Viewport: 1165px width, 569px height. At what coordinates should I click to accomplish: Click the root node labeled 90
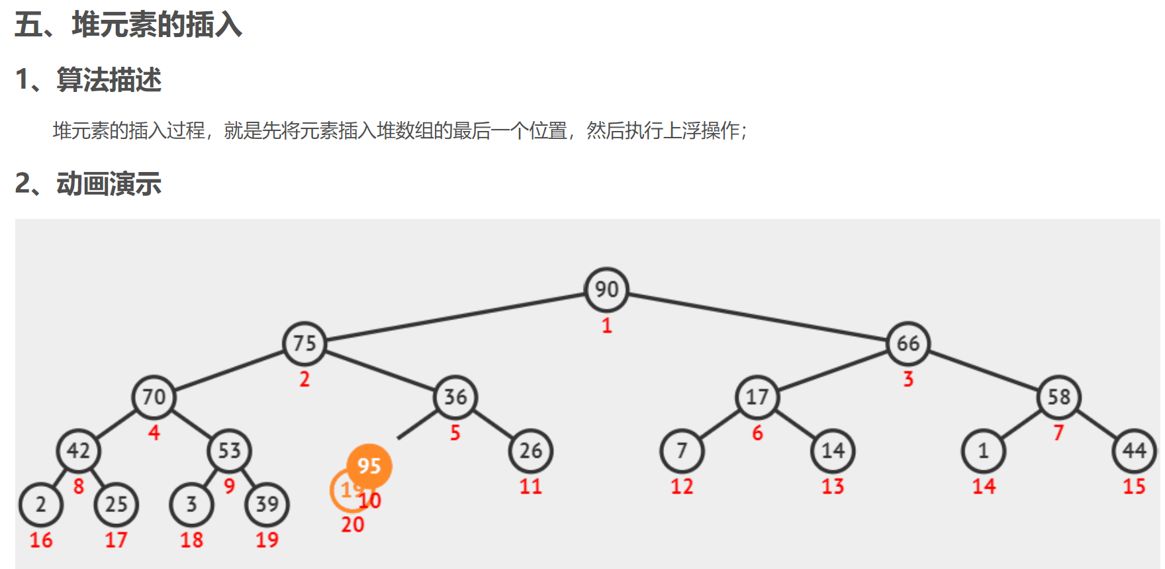(606, 290)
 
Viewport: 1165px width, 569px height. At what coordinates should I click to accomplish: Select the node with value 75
(304, 343)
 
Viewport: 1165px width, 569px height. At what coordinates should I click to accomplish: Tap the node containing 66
(908, 343)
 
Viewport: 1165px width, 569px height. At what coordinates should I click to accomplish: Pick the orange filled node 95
(369, 466)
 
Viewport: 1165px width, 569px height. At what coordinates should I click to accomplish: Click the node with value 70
(154, 397)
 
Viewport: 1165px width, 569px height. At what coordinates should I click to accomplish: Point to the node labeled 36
(455, 397)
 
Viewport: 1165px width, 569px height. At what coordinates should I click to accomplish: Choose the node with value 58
(1059, 397)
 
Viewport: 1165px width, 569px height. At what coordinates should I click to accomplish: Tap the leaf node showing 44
(1135, 451)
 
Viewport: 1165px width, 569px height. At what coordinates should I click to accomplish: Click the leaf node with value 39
(267, 504)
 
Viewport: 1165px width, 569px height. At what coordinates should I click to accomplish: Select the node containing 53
(229, 451)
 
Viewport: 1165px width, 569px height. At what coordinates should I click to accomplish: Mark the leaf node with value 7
(682, 451)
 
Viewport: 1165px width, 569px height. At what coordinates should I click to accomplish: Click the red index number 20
(353, 525)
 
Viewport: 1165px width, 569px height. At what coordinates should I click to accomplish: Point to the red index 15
(1135, 487)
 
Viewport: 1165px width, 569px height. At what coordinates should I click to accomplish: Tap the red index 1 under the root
(606, 326)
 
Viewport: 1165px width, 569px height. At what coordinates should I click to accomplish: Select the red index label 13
(833, 487)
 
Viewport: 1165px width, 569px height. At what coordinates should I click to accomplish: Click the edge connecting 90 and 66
(757, 317)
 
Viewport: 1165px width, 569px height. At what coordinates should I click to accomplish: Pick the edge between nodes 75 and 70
(229, 371)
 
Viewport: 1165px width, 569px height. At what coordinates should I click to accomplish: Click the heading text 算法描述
(109, 80)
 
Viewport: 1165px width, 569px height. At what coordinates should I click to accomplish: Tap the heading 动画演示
(109, 184)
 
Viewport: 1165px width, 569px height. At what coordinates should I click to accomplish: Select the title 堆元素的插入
(157, 25)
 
